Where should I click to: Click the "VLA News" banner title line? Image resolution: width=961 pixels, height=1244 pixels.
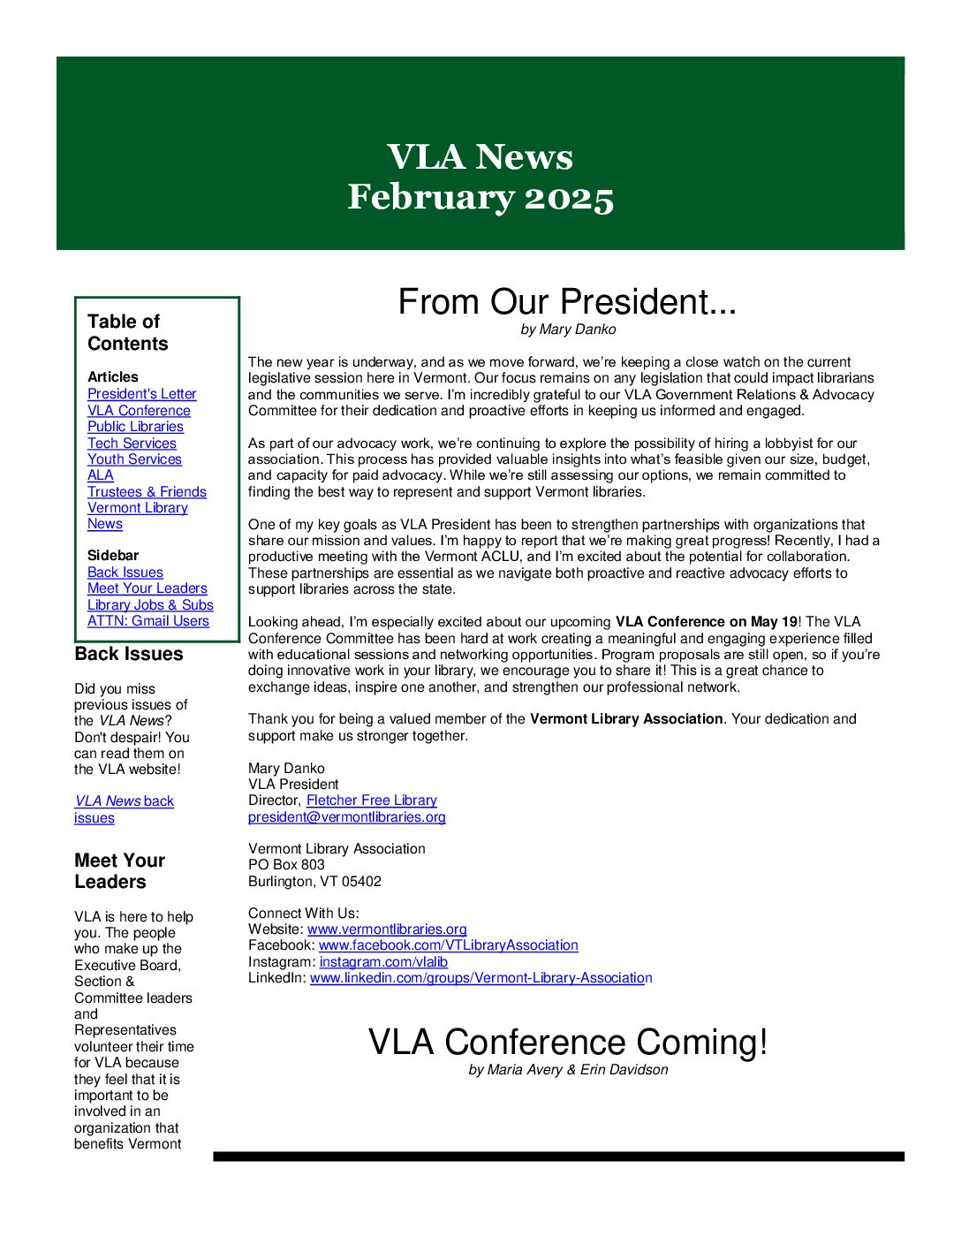click(480, 157)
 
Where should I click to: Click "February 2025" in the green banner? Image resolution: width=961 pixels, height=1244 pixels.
click(480, 197)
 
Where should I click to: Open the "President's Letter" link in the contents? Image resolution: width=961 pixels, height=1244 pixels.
click(141, 394)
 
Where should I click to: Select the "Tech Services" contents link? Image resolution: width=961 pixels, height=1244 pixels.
click(132, 444)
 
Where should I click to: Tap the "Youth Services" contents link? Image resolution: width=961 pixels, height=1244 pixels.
click(134, 459)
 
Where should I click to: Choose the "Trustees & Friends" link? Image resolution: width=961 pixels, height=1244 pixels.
click(147, 492)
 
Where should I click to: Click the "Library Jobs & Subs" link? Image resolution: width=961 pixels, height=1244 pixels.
click(150, 605)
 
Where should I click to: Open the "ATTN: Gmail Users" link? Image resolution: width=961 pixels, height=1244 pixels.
click(148, 621)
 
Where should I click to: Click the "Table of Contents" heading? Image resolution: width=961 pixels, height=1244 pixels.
click(127, 332)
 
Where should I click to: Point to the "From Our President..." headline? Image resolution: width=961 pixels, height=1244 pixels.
click(567, 302)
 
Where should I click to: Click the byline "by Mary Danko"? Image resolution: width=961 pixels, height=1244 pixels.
click(568, 330)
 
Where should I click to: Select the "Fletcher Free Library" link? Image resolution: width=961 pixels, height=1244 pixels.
click(371, 800)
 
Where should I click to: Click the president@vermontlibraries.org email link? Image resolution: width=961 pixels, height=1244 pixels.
click(346, 817)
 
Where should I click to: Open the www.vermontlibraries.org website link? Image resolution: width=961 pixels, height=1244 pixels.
click(387, 929)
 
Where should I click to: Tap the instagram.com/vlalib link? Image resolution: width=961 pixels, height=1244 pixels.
click(383, 962)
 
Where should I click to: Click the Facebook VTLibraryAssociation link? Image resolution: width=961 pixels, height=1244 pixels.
click(448, 945)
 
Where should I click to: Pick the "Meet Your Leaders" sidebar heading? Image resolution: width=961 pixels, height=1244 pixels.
click(119, 871)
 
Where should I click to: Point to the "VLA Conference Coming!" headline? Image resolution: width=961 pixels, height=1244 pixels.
click(568, 1043)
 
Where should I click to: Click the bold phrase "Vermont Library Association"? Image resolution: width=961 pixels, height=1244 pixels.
click(626, 719)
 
